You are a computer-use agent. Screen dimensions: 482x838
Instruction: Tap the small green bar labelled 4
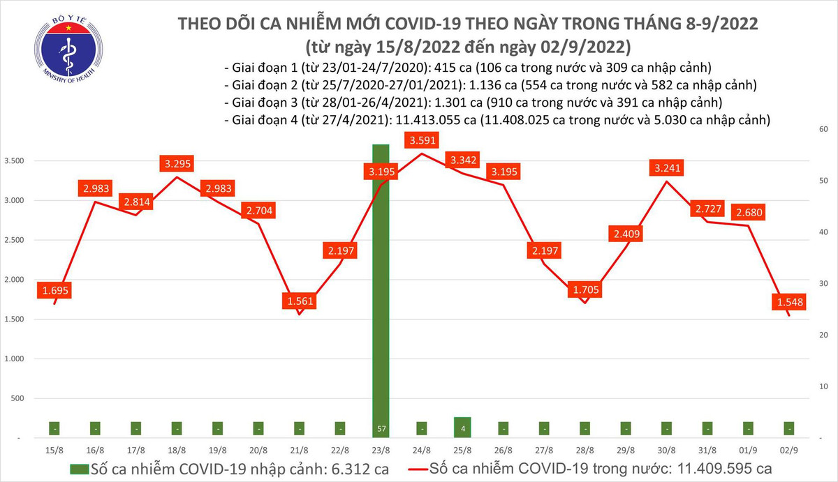click(462, 427)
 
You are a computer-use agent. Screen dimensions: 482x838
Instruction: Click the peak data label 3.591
click(421, 140)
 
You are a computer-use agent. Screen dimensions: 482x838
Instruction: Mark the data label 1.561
click(299, 301)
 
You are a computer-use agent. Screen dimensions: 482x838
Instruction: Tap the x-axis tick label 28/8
click(585, 452)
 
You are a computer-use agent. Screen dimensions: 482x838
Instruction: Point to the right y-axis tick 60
click(824, 130)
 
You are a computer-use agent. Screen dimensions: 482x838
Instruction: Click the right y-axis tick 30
click(824, 284)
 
